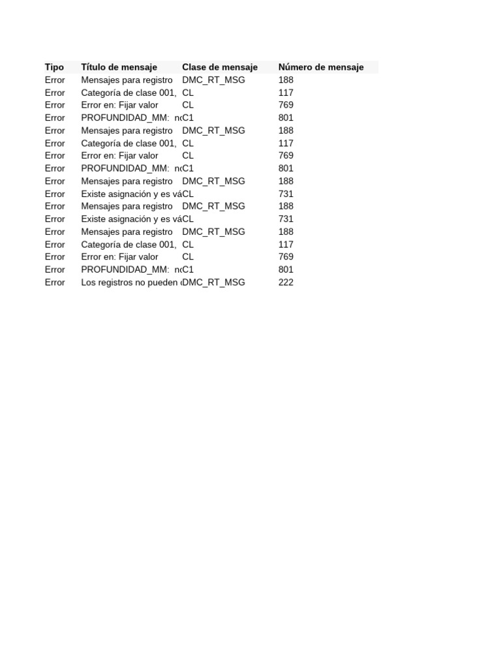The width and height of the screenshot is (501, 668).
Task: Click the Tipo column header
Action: (54, 67)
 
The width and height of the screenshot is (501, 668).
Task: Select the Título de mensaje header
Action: (119, 67)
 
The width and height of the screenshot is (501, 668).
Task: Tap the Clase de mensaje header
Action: (219, 67)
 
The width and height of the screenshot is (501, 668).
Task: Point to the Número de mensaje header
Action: (320, 67)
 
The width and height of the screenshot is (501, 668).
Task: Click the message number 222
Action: (286, 282)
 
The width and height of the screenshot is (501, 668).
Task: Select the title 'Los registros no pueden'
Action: (130, 282)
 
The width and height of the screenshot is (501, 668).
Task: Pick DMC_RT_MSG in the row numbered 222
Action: (214, 282)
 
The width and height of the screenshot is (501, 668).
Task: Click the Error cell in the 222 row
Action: (55, 282)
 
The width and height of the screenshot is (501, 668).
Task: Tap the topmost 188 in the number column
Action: (286, 80)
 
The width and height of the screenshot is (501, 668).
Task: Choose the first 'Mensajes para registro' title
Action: (127, 80)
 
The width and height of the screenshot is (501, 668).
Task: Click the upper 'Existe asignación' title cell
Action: (130, 194)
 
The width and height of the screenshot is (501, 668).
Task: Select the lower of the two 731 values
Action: (286, 219)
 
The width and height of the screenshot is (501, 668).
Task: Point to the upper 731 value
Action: (286, 194)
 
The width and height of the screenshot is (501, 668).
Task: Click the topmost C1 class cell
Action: (188, 118)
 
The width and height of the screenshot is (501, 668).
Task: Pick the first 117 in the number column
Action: (286, 93)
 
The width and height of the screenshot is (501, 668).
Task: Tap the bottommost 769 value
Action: (286, 257)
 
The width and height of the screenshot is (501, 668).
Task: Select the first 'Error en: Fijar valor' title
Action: (119, 105)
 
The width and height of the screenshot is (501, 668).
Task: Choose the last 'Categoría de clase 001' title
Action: (129, 245)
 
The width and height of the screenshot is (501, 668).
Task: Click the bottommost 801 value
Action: (286, 269)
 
